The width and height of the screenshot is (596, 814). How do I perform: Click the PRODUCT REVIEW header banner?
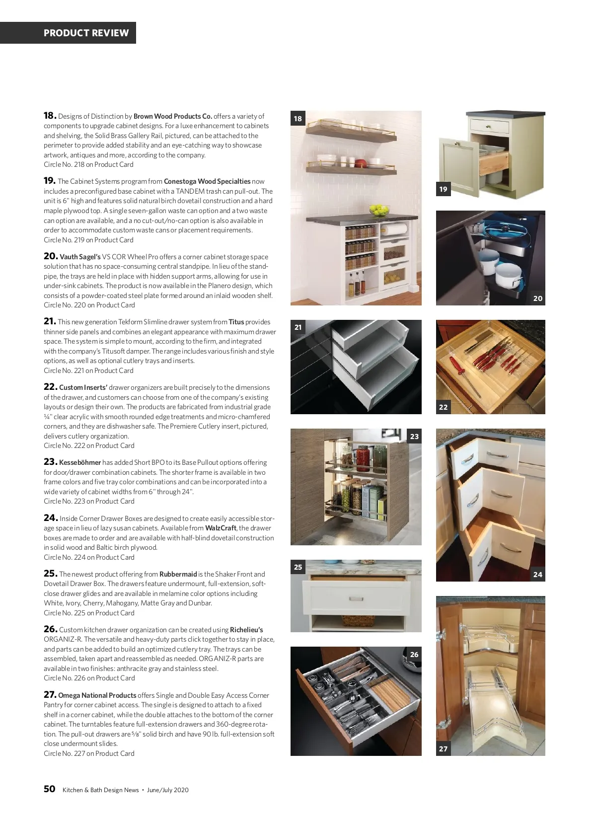(x=68, y=33)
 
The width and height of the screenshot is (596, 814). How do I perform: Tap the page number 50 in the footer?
(x=50, y=789)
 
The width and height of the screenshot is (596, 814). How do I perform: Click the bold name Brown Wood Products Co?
(x=173, y=116)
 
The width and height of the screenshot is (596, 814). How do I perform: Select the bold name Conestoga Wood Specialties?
(x=207, y=181)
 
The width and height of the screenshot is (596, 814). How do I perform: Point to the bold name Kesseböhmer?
(x=80, y=462)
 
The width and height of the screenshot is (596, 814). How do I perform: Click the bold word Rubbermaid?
(x=178, y=574)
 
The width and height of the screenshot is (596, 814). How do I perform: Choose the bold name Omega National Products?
(x=97, y=695)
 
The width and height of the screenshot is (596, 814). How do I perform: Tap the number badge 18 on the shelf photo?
(x=298, y=119)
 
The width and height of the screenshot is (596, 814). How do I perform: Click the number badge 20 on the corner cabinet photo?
(x=537, y=298)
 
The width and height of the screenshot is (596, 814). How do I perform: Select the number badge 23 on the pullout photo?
(x=414, y=437)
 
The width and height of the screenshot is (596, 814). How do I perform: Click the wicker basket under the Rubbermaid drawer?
(x=358, y=621)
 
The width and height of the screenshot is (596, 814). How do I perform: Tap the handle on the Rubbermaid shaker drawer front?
(x=356, y=598)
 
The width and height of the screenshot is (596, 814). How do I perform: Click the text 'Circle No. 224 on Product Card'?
(x=89, y=557)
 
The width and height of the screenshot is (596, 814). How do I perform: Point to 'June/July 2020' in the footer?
(x=168, y=790)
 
